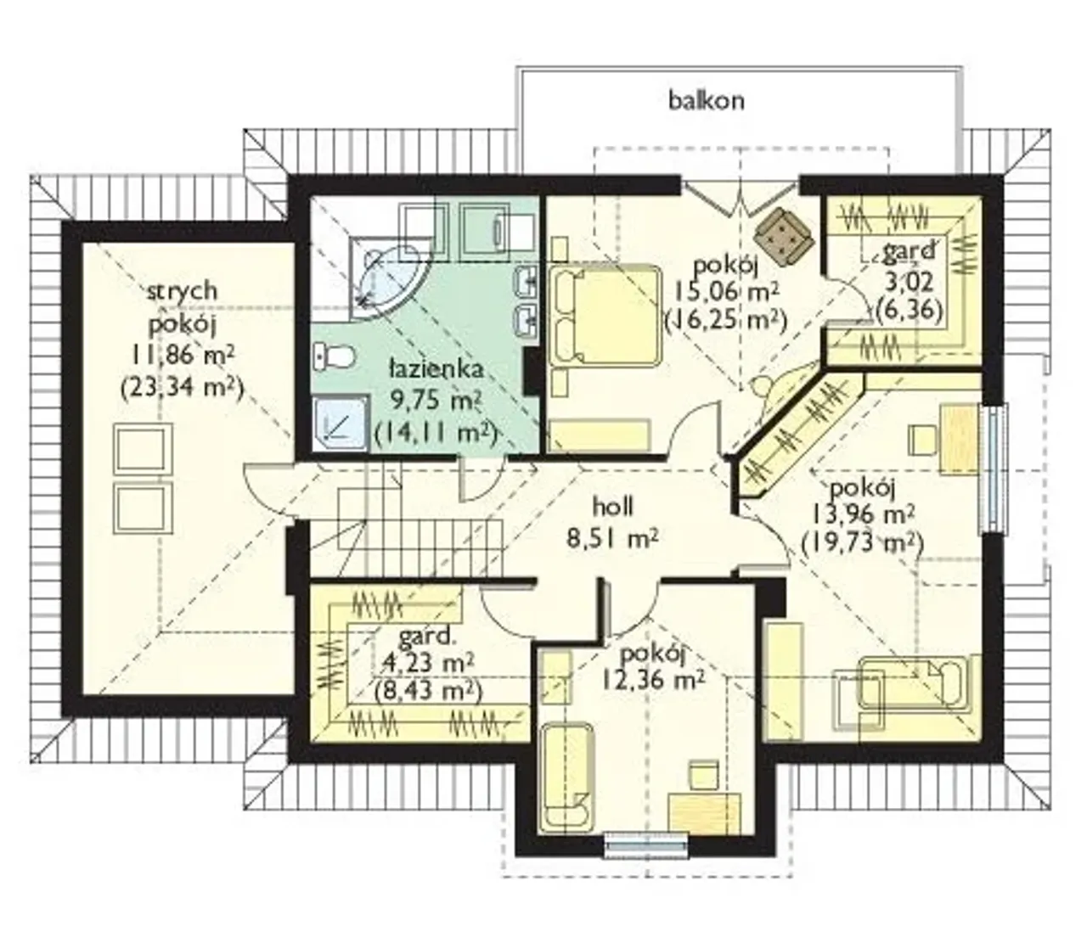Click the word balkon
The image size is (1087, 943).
pos(706,100)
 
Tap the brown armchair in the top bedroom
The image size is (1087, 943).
pos(784,236)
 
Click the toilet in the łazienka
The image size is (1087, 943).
pos(334,356)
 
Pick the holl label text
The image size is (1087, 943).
pos(613,507)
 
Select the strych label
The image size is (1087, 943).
pos(183,291)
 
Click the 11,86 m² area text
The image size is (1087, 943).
pos(183,355)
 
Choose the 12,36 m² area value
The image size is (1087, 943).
pos(653,679)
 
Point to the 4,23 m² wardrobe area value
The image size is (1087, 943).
pos(428,662)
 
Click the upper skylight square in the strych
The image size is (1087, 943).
pos(143,450)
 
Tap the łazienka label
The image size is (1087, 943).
pos(436,368)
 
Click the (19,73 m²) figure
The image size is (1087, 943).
pos(862,543)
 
